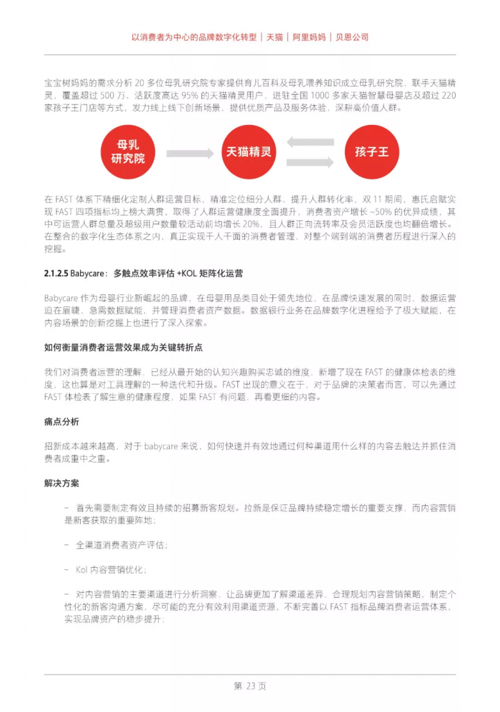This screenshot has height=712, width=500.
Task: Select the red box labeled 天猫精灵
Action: tap(249, 152)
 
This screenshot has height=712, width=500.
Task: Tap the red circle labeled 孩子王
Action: tap(372, 152)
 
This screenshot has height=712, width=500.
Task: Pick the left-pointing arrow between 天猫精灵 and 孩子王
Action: tap(310, 142)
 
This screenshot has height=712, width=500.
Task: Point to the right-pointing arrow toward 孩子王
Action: tap(310, 162)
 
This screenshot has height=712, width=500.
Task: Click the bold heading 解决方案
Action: tap(62, 483)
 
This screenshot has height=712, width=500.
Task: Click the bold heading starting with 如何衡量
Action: tap(122, 347)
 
